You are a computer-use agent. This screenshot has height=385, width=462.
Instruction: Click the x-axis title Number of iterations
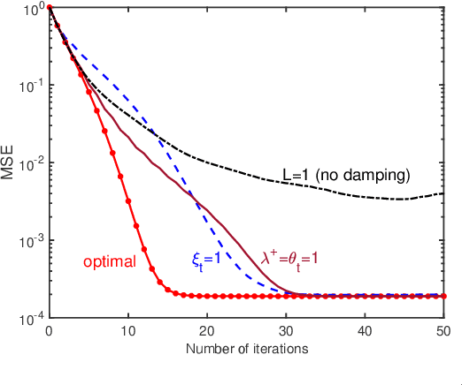point(246,349)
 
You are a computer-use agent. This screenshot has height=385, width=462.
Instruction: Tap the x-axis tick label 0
point(49,330)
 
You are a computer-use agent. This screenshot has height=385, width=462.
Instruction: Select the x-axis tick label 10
point(127,330)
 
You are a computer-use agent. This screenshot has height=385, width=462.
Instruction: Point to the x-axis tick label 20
point(206,330)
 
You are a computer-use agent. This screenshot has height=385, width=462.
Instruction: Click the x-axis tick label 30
point(285,330)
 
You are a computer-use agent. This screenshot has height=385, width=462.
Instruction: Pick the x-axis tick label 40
point(364,330)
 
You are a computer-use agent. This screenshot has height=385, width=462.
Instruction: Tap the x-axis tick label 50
point(442,330)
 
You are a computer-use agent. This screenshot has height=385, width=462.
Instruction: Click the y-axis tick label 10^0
point(33,9)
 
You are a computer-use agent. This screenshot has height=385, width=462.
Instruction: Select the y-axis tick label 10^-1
point(31,86)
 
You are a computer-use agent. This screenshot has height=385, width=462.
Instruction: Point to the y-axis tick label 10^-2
point(31,163)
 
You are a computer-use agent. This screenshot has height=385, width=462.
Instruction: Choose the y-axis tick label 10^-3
point(31,240)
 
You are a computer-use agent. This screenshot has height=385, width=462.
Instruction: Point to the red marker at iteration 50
point(442,297)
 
